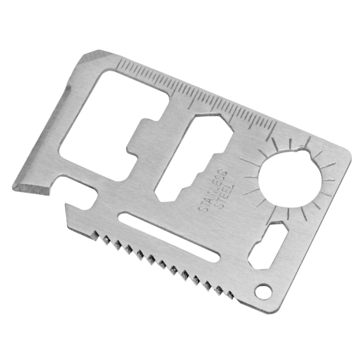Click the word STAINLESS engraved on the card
[212, 191]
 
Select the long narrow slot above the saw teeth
[169, 236]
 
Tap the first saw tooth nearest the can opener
[95, 235]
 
